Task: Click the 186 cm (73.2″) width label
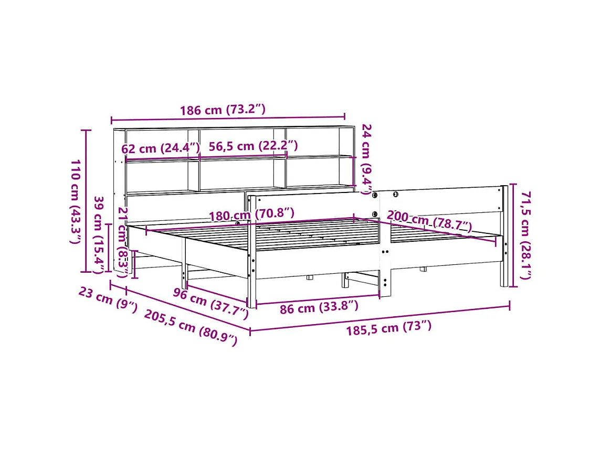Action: [223, 110]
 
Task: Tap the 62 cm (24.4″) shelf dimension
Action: [161, 148]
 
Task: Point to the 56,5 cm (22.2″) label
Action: [253, 146]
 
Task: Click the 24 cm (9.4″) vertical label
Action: [367, 159]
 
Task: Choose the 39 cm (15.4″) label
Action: [98, 234]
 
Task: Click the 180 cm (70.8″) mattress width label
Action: [251, 215]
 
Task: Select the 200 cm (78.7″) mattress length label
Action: [429, 221]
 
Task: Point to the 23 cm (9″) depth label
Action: [108, 300]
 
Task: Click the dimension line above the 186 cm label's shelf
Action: [228, 119]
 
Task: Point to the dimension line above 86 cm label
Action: [318, 299]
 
